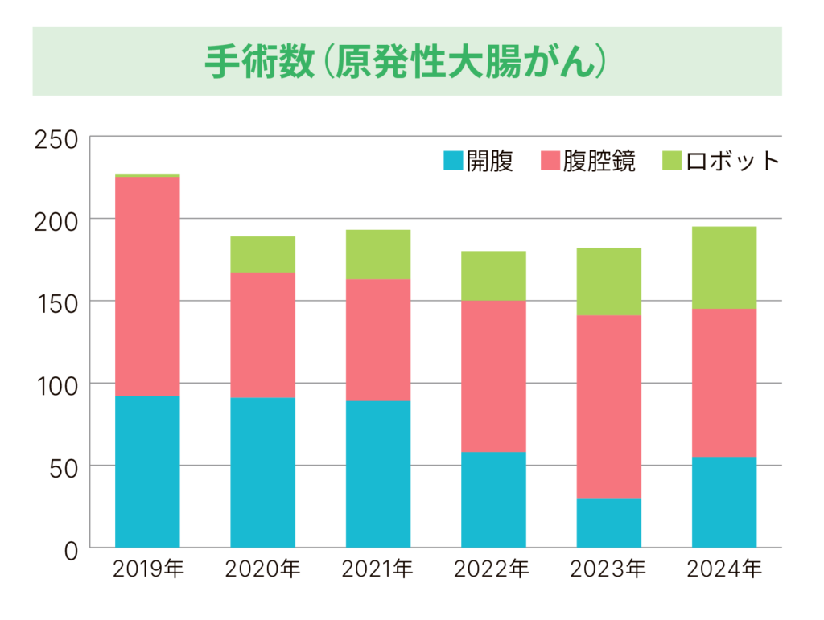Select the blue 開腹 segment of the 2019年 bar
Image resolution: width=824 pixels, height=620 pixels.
[147, 471]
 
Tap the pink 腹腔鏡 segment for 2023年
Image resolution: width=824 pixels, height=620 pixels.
[608, 406]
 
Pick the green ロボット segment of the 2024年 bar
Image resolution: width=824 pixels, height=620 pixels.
[723, 268]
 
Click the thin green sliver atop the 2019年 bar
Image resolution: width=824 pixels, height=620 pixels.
[147, 175]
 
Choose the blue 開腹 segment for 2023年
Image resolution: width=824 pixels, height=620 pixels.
[608, 523]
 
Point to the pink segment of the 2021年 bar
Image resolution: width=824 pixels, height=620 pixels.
[377, 339]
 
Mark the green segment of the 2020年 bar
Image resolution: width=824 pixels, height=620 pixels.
[262, 254]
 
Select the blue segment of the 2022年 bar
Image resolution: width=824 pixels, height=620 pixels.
[493, 499]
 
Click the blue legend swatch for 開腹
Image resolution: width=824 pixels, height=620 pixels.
[453, 162]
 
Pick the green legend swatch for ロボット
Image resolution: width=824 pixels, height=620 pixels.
[672, 162]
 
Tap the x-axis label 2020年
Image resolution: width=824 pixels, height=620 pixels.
[262, 570]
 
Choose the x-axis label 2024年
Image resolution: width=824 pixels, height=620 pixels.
[723, 570]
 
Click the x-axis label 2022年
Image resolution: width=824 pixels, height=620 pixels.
[493, 570]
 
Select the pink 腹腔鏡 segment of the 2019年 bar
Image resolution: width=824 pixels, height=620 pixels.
[147, 286]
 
